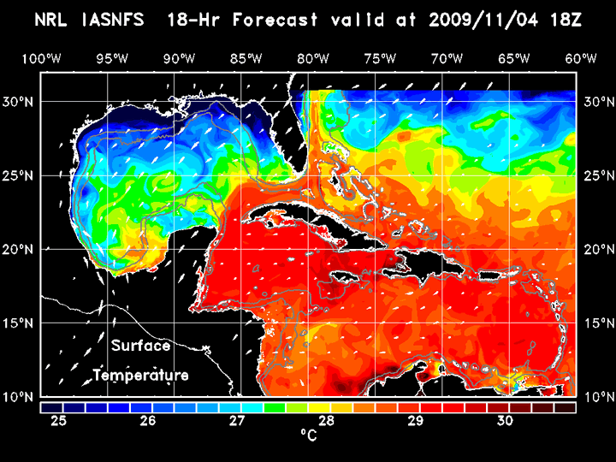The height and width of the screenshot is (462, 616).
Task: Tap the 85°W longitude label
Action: click(246, 58)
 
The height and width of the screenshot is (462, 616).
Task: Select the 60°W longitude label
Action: click(581, 58)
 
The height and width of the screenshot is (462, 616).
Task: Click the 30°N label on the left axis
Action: click(21, 101)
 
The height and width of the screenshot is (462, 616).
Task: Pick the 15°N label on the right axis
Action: click(595, 323)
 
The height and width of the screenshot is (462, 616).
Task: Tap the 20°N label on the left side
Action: click(21, 249)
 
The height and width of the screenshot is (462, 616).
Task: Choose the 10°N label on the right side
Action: click(595, 397)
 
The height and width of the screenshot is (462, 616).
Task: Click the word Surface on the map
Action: click(140, 346)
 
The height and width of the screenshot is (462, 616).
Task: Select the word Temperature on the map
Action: click(140, 376)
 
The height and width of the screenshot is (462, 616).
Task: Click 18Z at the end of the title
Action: click(565, 20)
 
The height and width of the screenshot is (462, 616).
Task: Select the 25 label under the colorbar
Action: click(59, 421)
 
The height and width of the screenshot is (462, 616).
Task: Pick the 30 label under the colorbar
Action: click(505, 421)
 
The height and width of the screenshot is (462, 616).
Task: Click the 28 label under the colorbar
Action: click(327, 421)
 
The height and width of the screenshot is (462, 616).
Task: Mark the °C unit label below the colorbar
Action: click(307, 435)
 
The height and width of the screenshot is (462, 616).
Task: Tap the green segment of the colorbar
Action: click(275, 408)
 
